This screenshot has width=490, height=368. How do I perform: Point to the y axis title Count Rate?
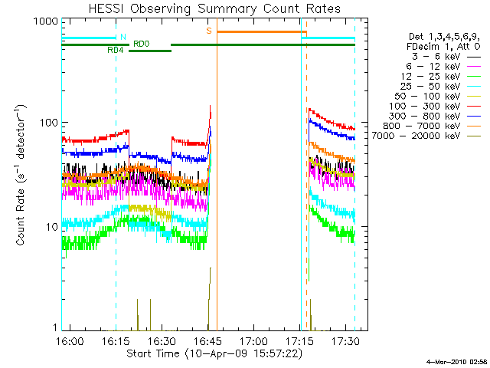point(21,176)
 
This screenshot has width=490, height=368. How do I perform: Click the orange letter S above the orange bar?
point(208,30)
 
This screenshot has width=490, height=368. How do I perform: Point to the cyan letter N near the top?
point(122,37)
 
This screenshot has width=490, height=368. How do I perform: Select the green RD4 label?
point(116,49)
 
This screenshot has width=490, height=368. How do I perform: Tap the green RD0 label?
point(142,44)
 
